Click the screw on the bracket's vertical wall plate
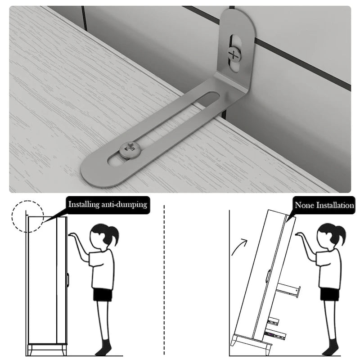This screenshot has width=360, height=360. (x=234, y=54)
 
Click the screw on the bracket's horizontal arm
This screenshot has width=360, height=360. (x=130, y=150)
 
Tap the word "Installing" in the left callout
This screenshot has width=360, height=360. (x=84, y=204)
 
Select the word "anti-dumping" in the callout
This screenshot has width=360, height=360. (x=124, y=204)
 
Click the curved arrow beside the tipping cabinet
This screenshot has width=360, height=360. (x=239, y=247)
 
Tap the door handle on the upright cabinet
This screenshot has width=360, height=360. (x=68, y=280)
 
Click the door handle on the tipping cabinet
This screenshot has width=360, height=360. (x=268, y=276)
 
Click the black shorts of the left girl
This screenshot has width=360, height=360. (x=103, y=295)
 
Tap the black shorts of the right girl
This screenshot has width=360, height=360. (x=330, y=294)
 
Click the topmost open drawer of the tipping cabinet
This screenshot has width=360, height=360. (x=288, y=290)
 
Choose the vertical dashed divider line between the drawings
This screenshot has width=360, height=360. (x=164, y=280)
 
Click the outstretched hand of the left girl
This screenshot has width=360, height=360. (x=73, y=235)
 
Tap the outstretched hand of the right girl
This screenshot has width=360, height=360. (x=300, y=234)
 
